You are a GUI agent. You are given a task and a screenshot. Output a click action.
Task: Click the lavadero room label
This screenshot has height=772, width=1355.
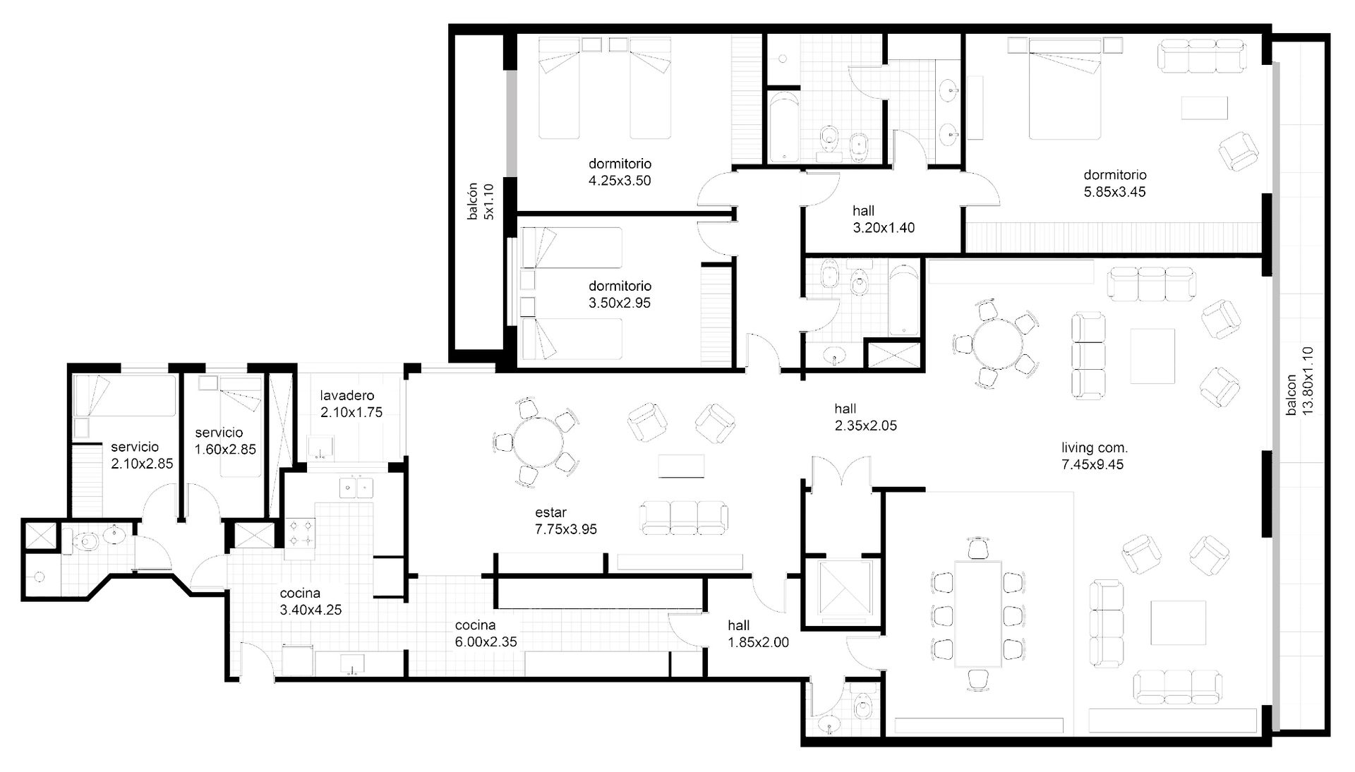[x=347, y=395]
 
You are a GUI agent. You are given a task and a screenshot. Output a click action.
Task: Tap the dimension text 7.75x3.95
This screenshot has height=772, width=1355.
[x=566, y=529]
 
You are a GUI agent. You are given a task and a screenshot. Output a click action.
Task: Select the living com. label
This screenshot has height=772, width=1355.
[x=1095, y=447]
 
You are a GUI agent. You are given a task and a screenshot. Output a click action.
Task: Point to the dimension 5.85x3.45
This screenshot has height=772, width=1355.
[x=1115, y=192]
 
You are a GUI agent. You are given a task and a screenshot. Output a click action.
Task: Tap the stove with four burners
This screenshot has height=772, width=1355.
[x=301, y=533]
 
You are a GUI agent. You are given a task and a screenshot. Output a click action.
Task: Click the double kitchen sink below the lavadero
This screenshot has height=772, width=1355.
[x=356, y=488]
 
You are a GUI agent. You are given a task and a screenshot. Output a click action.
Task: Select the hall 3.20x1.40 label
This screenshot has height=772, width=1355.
[x=884, y=219]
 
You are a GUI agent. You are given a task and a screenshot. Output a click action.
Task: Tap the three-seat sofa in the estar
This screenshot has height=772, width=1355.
[x=683, y=517]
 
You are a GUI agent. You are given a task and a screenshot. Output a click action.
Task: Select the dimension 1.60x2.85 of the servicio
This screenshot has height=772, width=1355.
[x=226, y=450]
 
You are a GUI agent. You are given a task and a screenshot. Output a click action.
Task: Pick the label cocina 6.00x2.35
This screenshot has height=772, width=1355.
[x=486, y=634]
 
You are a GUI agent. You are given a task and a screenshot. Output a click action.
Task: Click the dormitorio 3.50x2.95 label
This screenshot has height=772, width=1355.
[x=620, y=294]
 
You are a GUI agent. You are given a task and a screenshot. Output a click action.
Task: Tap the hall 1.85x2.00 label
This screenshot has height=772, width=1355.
[x=759, y=634]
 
